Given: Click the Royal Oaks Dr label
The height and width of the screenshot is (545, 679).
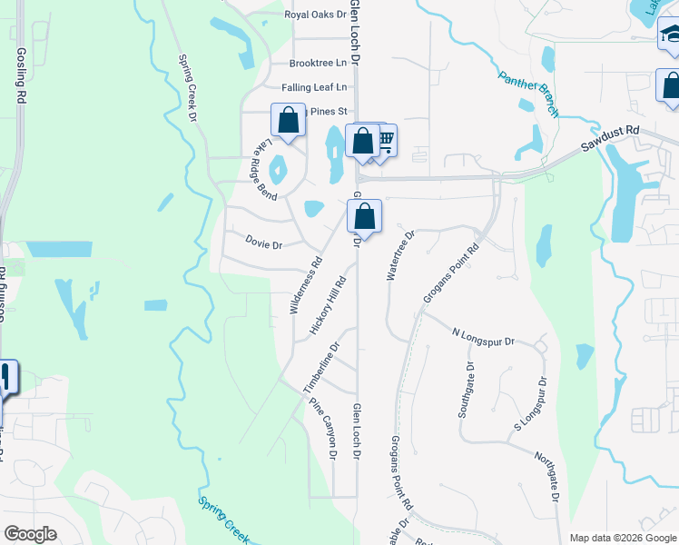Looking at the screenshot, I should point(315,15).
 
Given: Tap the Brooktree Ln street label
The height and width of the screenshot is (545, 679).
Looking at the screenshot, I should point(318,64).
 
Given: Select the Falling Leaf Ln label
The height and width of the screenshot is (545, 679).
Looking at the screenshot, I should point(314,87).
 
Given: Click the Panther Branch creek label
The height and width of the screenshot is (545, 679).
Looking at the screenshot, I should point(527,93).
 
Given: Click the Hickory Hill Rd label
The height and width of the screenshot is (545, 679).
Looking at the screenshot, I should point(329,305).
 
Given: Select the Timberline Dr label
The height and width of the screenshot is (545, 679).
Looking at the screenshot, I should point(321,367).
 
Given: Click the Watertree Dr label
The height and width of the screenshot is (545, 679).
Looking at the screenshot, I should point(400,255).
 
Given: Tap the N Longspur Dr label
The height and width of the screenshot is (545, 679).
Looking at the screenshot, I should point(483,337).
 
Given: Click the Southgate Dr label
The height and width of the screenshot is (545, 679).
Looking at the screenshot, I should point(466,390).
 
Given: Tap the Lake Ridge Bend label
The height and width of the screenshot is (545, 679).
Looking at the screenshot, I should point(263,165).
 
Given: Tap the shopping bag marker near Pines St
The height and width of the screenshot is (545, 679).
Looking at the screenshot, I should point(288,120).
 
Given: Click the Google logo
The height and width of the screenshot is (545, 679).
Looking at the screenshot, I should point(30,534).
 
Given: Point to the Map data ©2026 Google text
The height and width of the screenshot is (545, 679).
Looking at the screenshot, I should point(622,538).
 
